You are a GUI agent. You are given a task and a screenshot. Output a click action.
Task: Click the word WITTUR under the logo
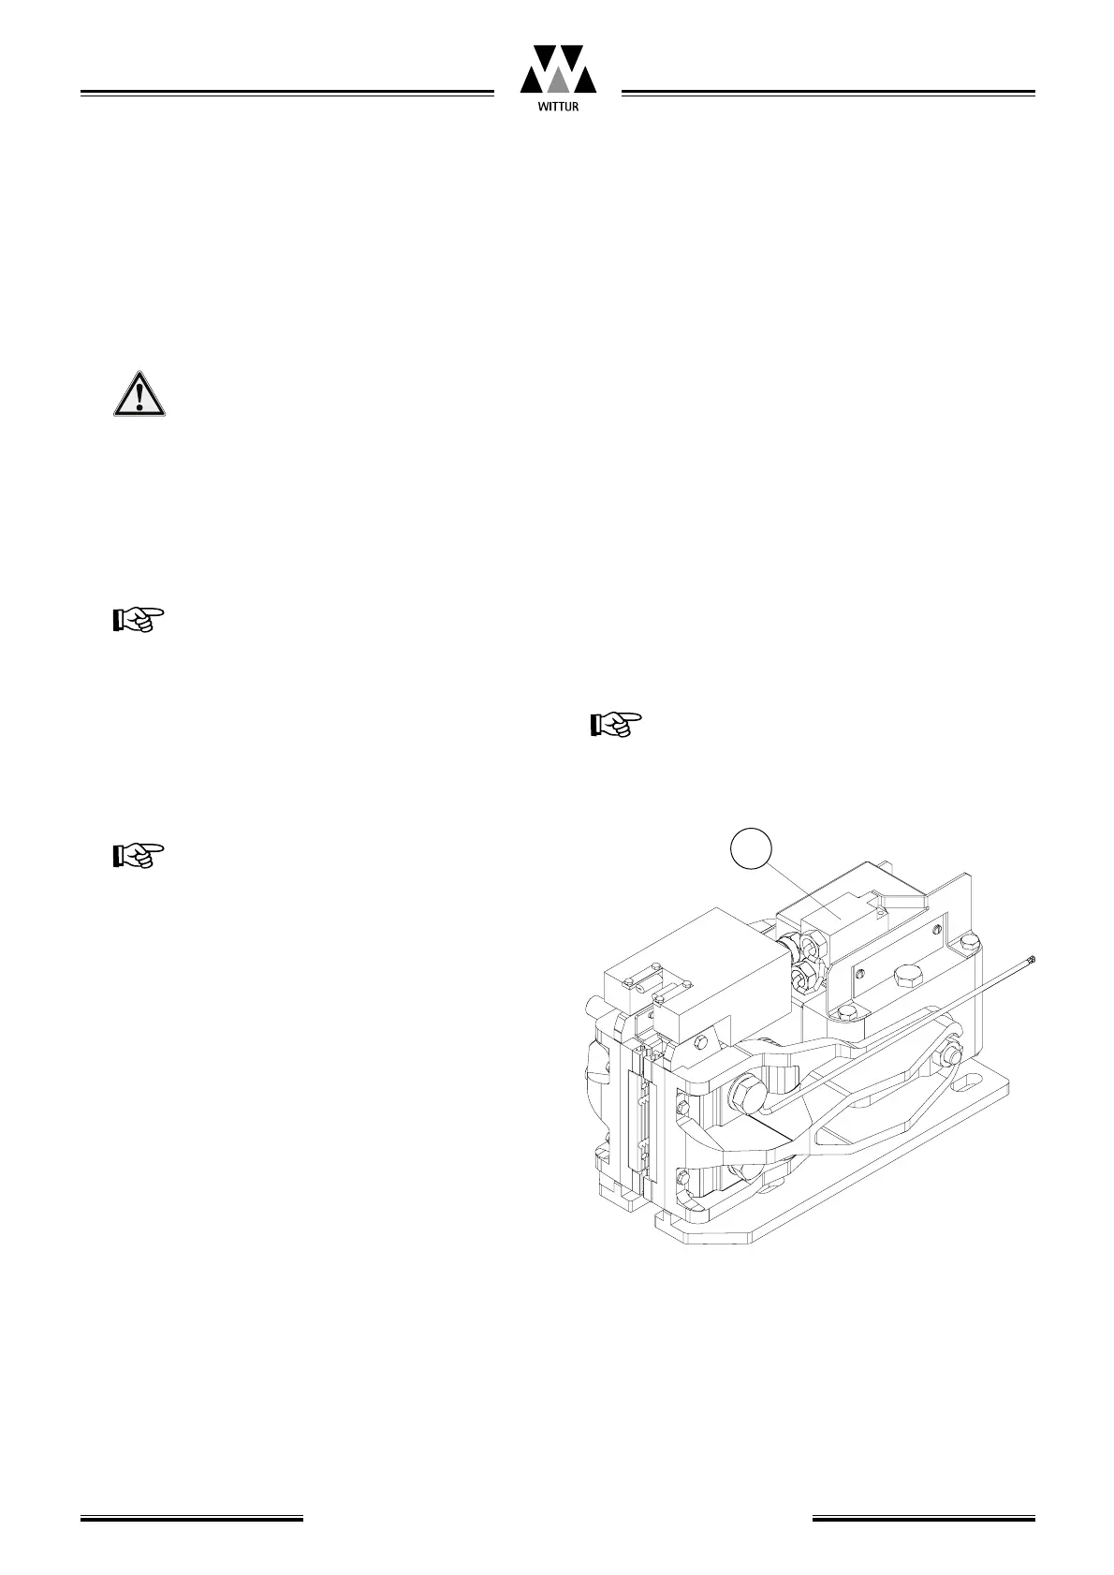pos(558,107)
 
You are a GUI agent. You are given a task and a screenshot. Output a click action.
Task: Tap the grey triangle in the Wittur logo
pos(558,81)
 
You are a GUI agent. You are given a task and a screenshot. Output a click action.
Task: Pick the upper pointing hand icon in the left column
pos(138,619)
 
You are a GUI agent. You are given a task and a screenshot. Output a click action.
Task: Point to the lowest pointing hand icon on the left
pos(138,855)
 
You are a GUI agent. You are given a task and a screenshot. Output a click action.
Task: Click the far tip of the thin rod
pos(1032,959)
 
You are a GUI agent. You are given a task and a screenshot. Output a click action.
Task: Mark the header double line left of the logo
pos(286,94)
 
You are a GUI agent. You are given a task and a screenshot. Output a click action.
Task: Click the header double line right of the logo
pos(828,94)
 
